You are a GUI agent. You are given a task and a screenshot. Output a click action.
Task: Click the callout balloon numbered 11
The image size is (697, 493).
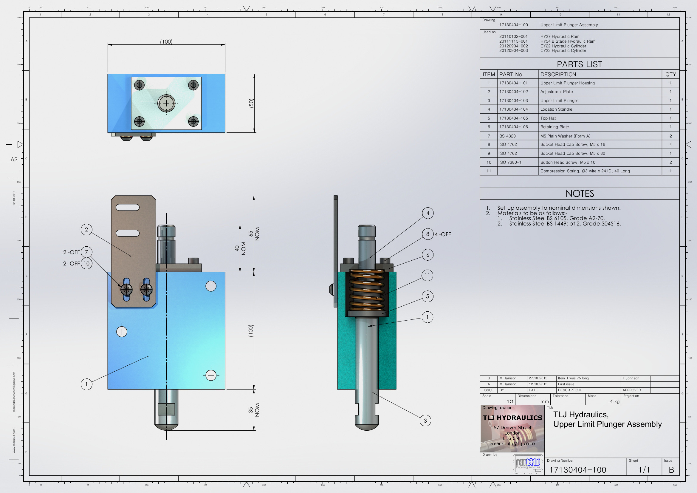coord(427,276)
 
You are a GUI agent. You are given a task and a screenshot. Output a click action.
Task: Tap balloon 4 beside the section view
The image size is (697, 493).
coord(428,213)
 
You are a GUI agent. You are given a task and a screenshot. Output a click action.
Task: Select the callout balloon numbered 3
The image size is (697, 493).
coord(425,421)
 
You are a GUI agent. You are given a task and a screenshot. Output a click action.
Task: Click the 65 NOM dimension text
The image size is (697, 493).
coord(254,234)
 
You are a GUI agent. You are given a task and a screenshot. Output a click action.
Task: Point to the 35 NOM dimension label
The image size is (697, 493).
coord(254,410)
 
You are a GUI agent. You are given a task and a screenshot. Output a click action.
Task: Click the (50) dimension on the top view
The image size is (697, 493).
coord(251,103)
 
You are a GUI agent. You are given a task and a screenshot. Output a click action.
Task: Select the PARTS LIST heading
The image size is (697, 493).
coord(579,64)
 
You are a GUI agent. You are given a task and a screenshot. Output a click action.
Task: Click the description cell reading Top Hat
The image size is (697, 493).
coord(548,118)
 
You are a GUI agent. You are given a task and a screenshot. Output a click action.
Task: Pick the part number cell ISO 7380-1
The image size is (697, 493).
coord(510,162)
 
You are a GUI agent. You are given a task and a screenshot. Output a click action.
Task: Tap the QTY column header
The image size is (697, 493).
coord(670,75)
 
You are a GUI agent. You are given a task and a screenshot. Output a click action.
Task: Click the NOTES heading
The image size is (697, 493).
coord(580,194)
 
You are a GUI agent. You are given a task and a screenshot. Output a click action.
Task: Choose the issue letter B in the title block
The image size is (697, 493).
coord(671,470)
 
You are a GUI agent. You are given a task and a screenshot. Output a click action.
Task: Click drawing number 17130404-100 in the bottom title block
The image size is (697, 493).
coord(577,470)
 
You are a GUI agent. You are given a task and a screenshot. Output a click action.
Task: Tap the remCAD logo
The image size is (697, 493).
coord(528,463)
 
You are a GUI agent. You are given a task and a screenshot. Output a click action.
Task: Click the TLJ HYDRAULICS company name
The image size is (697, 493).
coord(512,418)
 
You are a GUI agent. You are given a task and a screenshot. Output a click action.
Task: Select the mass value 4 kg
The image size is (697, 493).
coord(614,401)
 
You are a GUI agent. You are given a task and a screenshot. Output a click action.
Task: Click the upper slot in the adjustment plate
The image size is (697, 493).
coord(128,208)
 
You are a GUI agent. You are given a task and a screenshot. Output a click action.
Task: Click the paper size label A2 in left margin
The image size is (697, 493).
coord(14,160)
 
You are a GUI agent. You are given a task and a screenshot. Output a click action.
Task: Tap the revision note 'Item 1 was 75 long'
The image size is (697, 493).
coord(573,378)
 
